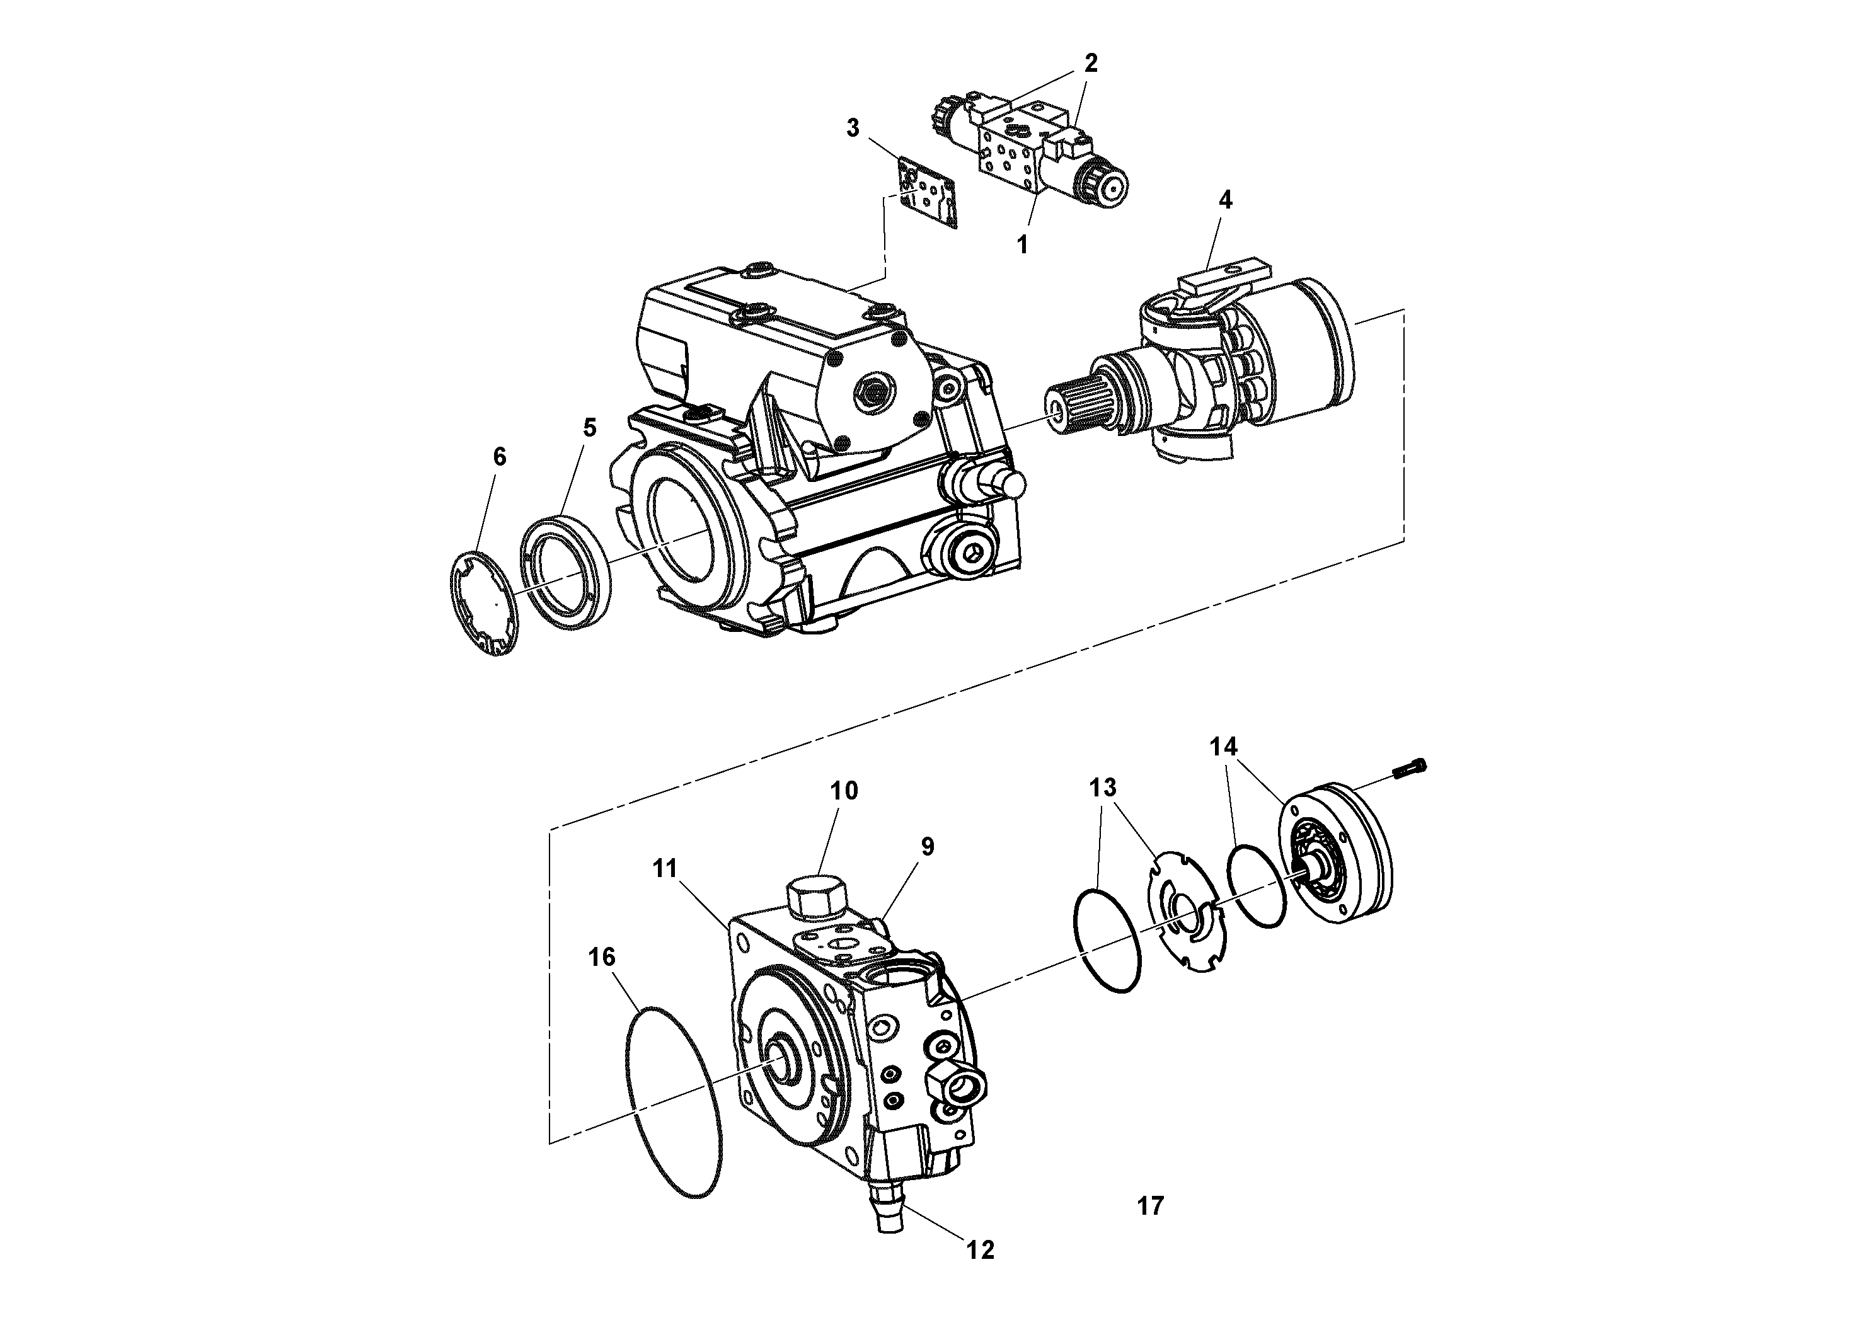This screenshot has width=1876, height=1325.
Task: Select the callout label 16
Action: tap(602, 956)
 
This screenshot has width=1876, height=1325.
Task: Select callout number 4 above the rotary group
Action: tap(1225, 200)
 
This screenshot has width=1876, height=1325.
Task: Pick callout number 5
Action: tap(589, 427)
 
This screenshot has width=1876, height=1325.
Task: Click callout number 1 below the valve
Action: tap(1021, 243)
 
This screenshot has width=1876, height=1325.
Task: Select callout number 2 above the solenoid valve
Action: tap(1091, 63)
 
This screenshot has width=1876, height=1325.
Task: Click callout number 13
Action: tap(1102, 788)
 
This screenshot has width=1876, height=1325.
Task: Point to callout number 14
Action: tap(1224, 747)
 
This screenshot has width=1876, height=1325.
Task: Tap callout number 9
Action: tap(928, 846)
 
